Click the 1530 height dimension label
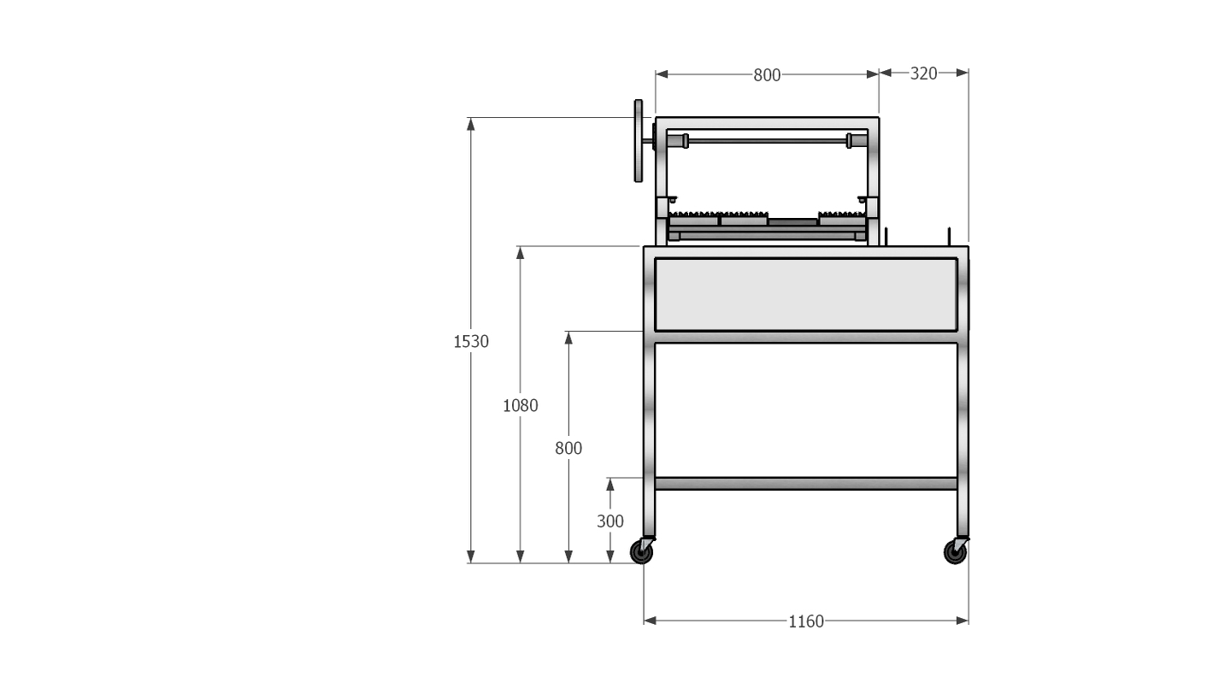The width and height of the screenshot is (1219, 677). coord(471,342)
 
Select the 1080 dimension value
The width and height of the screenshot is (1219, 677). coord(520,405)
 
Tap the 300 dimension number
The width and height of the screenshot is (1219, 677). coord(609,521)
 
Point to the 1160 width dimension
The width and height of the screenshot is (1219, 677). coord(805,621)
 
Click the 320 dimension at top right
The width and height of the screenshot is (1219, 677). coord(923,74)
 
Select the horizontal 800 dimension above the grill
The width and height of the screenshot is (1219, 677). coord(767,75)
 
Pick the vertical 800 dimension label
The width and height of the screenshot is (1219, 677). coord(568,448)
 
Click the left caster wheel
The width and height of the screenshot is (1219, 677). coord(641,552)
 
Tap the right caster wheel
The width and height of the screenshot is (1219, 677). coord(955,552)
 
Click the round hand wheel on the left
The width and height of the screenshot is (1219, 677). coord(638,141)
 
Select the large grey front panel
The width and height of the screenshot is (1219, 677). coord(805,294)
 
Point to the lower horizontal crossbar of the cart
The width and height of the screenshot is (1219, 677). coord(805,483)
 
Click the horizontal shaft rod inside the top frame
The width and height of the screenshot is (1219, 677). coord(767,140)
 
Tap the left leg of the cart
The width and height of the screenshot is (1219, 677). coord(649,427)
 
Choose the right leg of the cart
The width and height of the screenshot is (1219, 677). coord(963,427)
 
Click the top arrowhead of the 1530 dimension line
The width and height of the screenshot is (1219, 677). coord(471,124)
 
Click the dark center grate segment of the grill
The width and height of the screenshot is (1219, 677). coord(792,221)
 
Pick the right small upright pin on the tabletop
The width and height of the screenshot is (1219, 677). coord(949,235)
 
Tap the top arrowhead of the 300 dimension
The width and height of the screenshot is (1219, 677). coord(609,484)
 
